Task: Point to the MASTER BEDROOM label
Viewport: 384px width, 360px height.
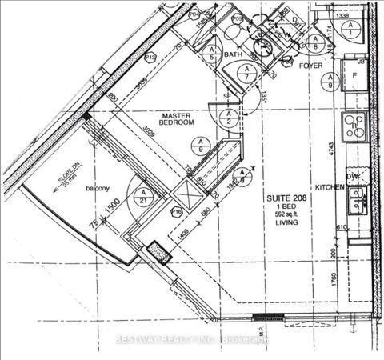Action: pyautogui.click(x=177, y=119)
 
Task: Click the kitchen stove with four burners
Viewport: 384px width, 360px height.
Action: pyautogui.click(x=353, y=126)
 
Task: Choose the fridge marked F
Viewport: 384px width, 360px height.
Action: pyautogui.click(x=354, y=77)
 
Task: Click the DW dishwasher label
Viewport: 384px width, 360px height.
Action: pyautogui.click(x=352, y=178)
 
